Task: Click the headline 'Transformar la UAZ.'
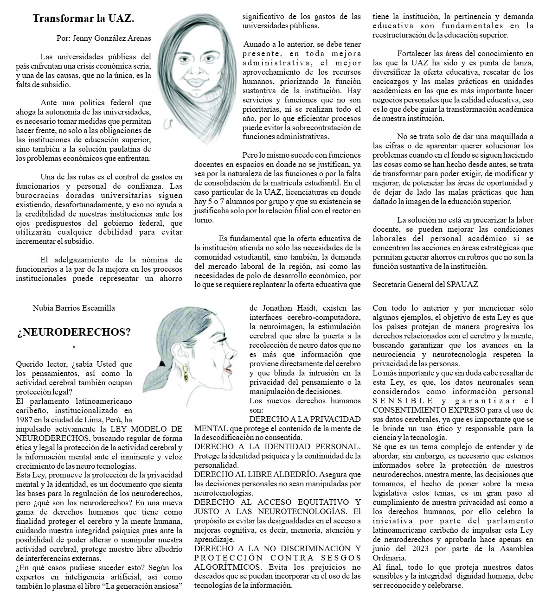(83, 19)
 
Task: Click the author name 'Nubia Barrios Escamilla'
(74, 307)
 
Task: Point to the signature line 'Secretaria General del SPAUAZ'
(425, 284)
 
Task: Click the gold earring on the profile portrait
(185, 369)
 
